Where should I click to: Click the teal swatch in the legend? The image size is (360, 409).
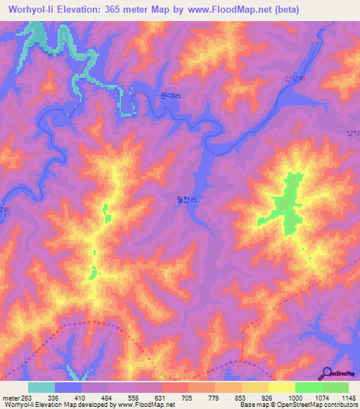(41, 387)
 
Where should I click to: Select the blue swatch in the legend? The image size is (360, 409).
(68, 387)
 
